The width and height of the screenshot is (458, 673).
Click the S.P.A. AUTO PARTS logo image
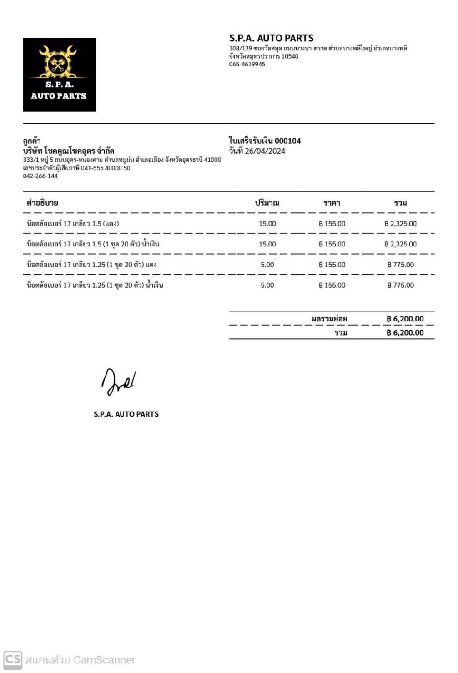[60, 75]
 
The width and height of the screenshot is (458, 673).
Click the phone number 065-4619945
[247, 65]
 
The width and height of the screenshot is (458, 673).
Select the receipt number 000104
[287, 141]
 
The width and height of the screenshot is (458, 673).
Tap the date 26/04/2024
[265, 151]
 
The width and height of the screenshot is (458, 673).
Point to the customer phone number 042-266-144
[40, 176]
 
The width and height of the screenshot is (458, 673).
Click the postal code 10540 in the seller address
[290, 56]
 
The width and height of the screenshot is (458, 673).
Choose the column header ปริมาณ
[267, 203]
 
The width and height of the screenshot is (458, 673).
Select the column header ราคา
[332, 203]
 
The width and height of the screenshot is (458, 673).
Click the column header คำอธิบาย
[42, 203]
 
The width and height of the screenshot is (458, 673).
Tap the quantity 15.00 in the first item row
[267, 224]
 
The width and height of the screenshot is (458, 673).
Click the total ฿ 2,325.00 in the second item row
[400, 244]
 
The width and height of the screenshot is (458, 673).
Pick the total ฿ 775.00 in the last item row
[400, 286]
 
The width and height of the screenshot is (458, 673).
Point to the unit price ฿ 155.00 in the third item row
[332, 265]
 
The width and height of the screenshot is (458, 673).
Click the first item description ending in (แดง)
[73, 224]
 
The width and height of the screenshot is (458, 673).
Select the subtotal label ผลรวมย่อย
[329, 319]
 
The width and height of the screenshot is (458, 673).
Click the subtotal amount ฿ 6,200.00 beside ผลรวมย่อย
[405, 319]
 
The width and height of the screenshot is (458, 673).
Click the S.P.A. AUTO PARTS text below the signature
[126, 414]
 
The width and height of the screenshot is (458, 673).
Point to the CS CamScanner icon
[13, 659]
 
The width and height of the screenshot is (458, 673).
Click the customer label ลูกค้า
[32, 141]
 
